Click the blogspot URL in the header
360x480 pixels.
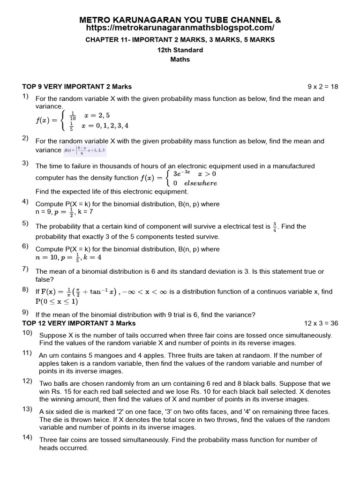click(x=180, y=28)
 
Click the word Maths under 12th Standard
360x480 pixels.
click(x=180, y=60)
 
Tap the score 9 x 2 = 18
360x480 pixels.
click(x=322, y=87)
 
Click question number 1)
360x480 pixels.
click(x=26, y=97)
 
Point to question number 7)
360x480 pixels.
click(x=26, y=269)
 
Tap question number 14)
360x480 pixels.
click(x=27, y=437)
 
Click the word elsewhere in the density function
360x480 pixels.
click(x=201, y=183)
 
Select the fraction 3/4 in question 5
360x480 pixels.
click(x=275, y=226)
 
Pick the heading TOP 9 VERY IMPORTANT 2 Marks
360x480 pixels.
click(x=77, y=87)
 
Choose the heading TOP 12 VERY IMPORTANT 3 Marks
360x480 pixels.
click(x=79, y=323)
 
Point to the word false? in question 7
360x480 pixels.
click(x=45, y=279)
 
